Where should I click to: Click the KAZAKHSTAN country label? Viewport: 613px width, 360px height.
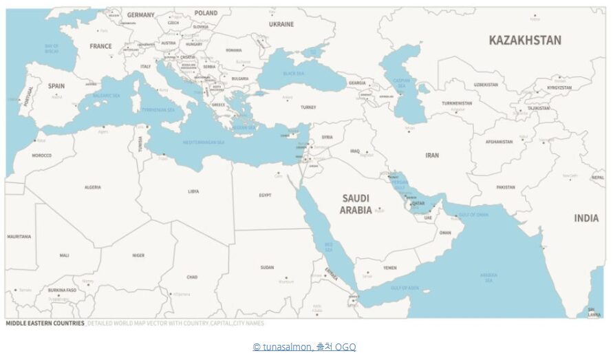pos(524,40)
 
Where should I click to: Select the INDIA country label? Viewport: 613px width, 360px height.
pos(586,218)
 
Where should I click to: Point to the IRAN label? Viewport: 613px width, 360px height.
pos(432,156)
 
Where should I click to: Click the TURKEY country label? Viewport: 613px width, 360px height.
pos(308,107)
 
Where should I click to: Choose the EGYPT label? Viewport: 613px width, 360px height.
pos(265,195)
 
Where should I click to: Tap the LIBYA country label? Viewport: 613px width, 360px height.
pos(193,191)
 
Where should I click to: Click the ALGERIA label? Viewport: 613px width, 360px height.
pos(92,187)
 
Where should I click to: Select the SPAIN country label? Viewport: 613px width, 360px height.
pos(56,86)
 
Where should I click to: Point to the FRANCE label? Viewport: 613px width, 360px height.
pos(100,46)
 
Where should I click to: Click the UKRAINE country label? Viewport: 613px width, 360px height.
pos(281,24)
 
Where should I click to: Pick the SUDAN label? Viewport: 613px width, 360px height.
pos(267,267)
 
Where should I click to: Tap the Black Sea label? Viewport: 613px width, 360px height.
pos(294,73)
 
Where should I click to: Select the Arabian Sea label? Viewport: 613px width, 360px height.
pos(488,277)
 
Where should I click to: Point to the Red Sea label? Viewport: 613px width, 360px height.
pos(329,246)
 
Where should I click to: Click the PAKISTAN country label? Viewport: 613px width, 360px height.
pos(506,187)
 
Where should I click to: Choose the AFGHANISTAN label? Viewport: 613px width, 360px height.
pos(499,142)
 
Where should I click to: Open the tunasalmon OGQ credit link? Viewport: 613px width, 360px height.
pos(304,348)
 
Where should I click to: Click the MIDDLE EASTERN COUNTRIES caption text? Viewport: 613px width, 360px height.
pos(45,323)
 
